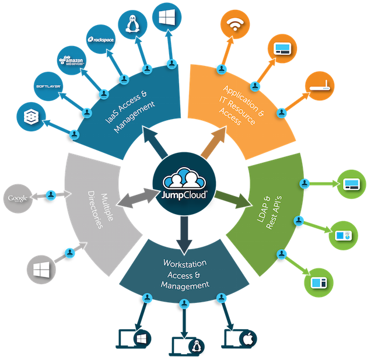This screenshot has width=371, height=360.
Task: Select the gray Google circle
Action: coord(18,199)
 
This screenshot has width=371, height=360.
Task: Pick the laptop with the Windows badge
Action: coord(135,338)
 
